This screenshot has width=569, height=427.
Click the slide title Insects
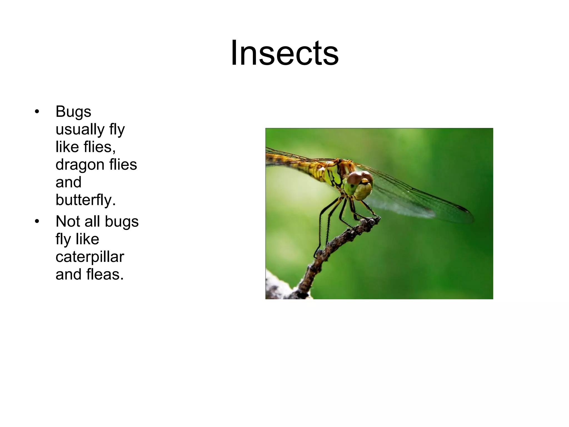click(284, 53)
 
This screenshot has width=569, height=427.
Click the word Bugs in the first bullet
click(73, 112)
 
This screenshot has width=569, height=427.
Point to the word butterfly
click(86, 200)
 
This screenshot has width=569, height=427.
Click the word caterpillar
click(90, 257)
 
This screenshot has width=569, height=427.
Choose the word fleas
click(105, 274)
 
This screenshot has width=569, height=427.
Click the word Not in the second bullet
click(68, 222)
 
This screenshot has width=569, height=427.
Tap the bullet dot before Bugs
click(37, 112)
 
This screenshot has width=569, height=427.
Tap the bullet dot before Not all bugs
click(37, 222)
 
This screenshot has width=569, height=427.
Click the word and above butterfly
click(68, 182)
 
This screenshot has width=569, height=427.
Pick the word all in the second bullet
click(92, 222)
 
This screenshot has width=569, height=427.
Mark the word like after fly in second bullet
click(87, 239)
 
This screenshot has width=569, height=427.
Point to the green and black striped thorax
click(333, 175)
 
